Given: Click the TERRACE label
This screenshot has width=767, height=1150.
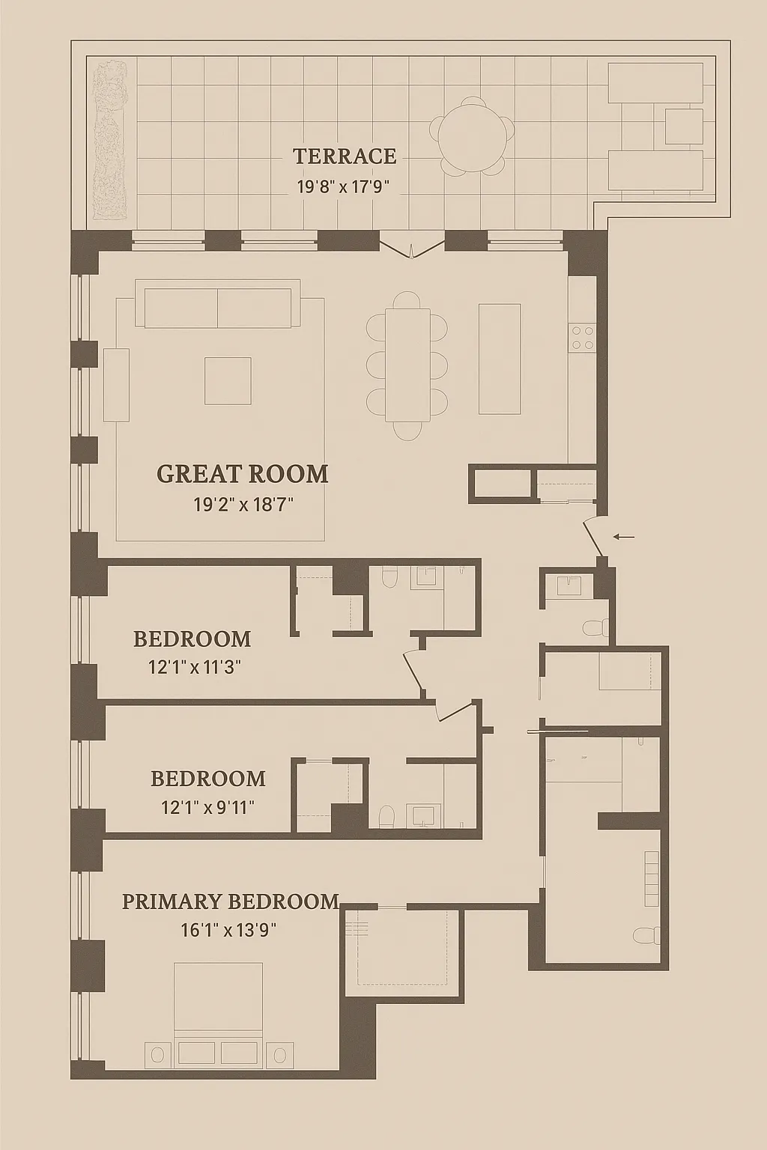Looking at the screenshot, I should (x=344, y=156).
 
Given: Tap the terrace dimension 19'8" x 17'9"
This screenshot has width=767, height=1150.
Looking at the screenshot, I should (x=344, y=186).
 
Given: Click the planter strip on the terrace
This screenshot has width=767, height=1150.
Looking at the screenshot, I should (x=110, y=140).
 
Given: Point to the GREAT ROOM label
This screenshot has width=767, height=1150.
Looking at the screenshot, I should (x=242, y=474).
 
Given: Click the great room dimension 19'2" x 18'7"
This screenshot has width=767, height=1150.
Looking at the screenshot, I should (x=243, y=505).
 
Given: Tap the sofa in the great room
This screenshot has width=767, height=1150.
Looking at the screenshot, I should (x=217, y=307).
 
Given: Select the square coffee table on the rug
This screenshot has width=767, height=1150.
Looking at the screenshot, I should (x=228, y=380).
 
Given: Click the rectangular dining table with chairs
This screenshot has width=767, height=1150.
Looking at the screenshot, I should (x=407, y=365).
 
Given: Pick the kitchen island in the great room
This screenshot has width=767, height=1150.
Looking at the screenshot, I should (x=500, y=359).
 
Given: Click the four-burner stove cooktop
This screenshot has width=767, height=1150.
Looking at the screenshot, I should (x=582, y=338).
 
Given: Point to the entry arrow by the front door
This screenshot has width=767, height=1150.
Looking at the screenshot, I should (x=623, y=536).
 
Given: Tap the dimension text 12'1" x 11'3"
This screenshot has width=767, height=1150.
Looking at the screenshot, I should (x=194, y=666).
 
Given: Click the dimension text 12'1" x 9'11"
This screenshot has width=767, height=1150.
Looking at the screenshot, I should (x=207, y=807).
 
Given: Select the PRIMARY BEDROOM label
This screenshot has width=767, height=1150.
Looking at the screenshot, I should (x=230, y=901).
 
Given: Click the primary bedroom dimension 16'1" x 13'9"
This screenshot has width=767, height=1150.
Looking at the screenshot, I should (x=228, y=930).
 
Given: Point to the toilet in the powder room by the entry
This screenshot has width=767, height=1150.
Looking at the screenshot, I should (x=597, y=627).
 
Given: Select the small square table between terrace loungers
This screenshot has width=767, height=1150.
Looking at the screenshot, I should (x=683, y=127).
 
